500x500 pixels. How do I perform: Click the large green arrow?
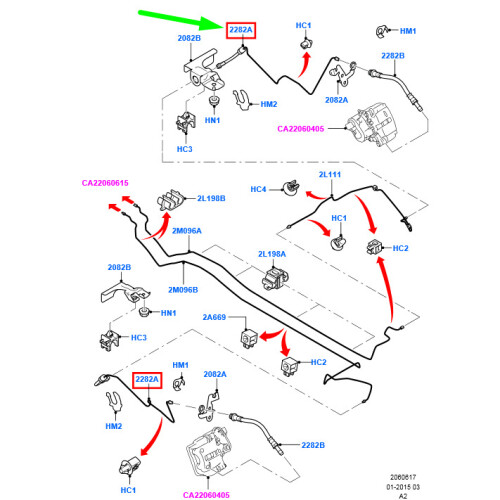pyautogui.click(x=180, y=20)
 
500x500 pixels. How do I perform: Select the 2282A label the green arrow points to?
pyautogui.click(x=241, y=30)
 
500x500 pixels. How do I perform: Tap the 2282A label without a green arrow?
pyautogui.click(x=147, y=380)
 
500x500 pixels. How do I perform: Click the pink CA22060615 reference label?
pyautogui.click(x=105, y=183)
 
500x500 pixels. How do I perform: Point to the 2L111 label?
pyautogui.click(x=330, y=175)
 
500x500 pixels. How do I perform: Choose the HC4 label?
pyautogui.click(x=258, y=189)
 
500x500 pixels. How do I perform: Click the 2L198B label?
pyautogui.click(x=211, y=198)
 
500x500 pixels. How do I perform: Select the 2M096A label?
pyautogui.click(x=187, y=231)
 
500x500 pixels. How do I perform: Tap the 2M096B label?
pyautogui.click(x=183, y=290)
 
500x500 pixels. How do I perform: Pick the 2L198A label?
pyautogui.click(x=272, y=254)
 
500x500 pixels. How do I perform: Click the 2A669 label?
pyautogui.click(x=214, y=317)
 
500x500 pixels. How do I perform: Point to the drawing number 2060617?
pyautogui.click(x=403, y=477)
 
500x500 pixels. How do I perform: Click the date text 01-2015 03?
pyautogui.click(x=403, y=487)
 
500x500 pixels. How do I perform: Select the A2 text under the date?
pyautogui.click(x=403, y=496)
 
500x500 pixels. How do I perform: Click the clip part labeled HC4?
pyautogui.click(x=291, y=188)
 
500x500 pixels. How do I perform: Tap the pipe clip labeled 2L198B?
pyautogui.click(x=171, y=200)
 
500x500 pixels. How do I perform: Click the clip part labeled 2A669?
pyautogui.click(x=249, y=338)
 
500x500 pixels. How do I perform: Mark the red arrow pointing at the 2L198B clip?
pyautogui.click(x=160, y=228)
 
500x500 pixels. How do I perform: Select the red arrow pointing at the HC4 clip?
pyautogui.click(x=315, y=196)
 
